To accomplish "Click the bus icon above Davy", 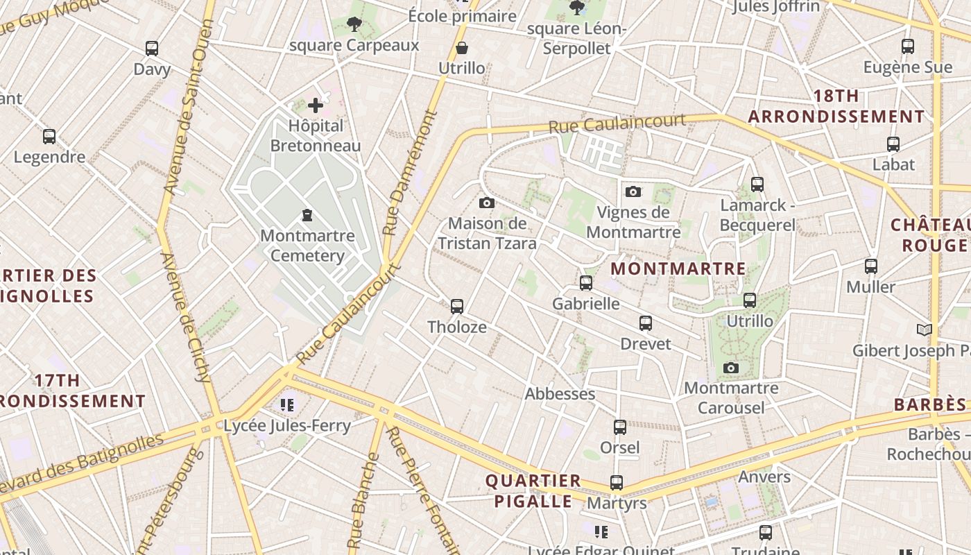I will pyautogui.click(x=152, y=49).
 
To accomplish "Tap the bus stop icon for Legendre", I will pyautogui.click(x=49, y=137).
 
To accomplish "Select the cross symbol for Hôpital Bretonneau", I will pyautogui.click(x=316, y=105).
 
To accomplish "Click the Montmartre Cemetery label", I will pyautogui.click(x=307, y=246).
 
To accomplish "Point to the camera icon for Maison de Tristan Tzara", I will pyautogui.click(x=487, y=203).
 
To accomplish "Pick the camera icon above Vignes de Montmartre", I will pyautogui.click(x=633, y=191).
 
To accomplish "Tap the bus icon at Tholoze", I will pyautogui.click(x=456, y=306).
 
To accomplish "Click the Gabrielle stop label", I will pyautogui.click(x=586, y=304).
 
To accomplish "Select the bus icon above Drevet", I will pyautogui.click(x=646, y=323).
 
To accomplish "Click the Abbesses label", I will pyautogui.click(x=560, y=394).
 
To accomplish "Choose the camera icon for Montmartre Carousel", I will pyautogui.click(x=730, y=368).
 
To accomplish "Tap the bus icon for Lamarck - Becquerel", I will pyautogui.click(x=757, y=185).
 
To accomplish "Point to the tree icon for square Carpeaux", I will pyautogui.click(x=354, y=25).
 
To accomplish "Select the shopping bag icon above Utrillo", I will pyautogui.click(x=462, y=48).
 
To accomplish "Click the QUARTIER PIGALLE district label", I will pyautogui.click(x=533, y=490).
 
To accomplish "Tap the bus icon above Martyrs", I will pyautogui.click(x=616, y=482).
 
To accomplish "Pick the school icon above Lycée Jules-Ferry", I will pyautogui.click(x=287, y=404).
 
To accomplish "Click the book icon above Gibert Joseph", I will pyautogui.click(x=924, y=330).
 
